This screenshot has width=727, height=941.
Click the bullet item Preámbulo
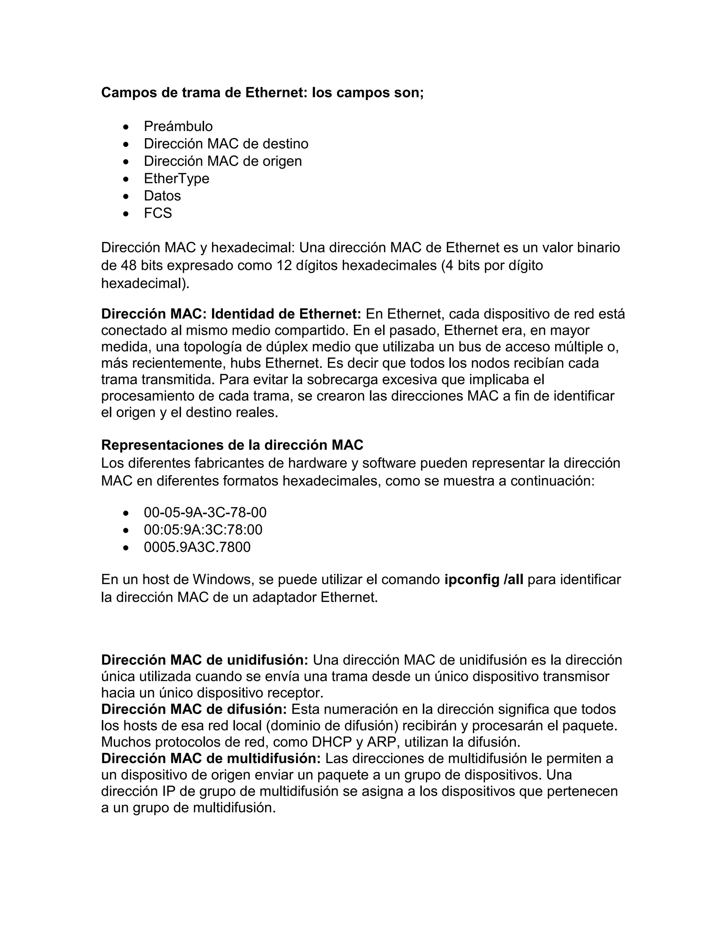pos(178,126)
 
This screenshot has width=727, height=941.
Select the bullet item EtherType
pos(176,178)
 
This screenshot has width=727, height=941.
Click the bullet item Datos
pos(162,196)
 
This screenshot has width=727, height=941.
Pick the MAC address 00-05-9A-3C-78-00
pos(205,512)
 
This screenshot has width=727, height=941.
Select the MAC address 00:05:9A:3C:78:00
pos(203,529)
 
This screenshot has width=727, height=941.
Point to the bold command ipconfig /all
pos(484,580)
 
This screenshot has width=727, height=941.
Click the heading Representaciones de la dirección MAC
pos(232,445)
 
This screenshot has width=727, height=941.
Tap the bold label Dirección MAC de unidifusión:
pos(204,660)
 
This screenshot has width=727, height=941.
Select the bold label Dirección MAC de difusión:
pos(194,709)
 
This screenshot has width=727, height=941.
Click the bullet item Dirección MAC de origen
pos(223,161)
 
